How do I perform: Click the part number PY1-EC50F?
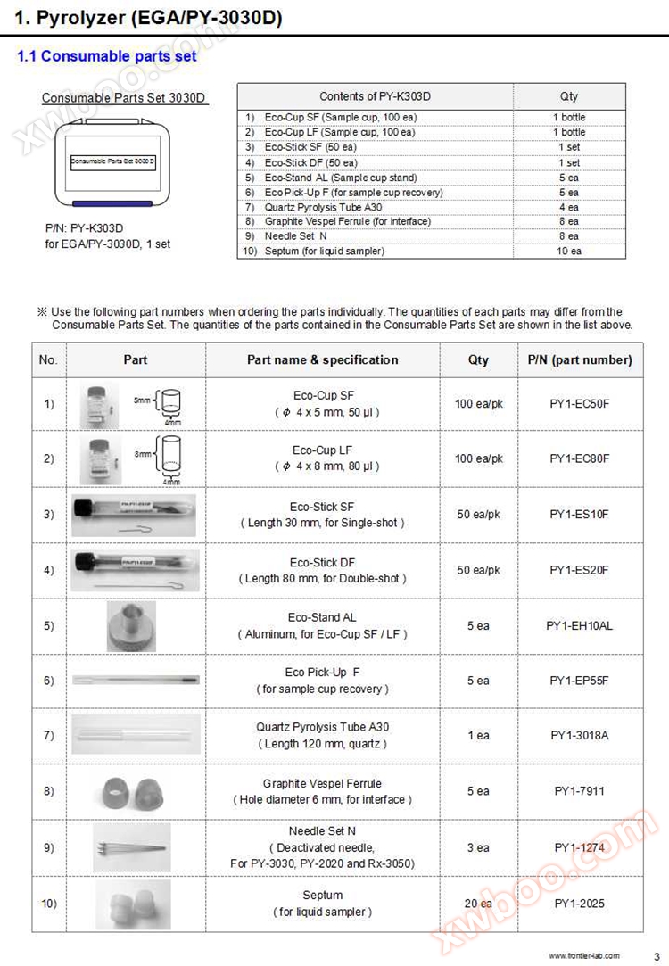(579, 403)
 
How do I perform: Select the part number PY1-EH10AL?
(579, 625)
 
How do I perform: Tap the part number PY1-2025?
(579, 904)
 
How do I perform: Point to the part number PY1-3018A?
(579, 736)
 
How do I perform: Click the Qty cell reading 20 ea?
(478, 904)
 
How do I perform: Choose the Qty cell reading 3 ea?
(478, 847)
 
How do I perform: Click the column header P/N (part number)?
(579, 359)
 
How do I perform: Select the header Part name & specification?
(322, 359)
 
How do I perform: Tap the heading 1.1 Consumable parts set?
(107, 56)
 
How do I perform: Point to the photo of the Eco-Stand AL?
(131, 625)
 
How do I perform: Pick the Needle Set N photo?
(132, 847)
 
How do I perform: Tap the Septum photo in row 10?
(132, 904)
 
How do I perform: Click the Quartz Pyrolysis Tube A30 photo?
(136, 736)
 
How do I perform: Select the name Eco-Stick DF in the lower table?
(322, 563)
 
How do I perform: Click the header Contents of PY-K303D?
(375, 96)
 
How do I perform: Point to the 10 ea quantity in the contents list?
(569, 252)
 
